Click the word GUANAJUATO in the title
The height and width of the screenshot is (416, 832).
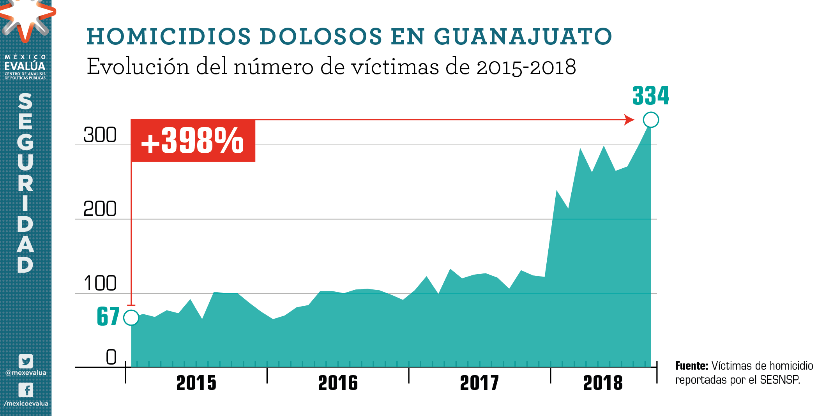(x=523, y=37)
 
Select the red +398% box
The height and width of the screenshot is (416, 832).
(x=193, y=141)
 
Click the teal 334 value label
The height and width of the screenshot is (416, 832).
(x=650, y=96)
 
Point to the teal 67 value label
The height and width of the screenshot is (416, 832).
(x=108, y=316)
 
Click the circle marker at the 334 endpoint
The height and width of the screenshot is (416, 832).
(x=651, y=120)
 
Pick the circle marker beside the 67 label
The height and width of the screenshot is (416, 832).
(x=131, y=317)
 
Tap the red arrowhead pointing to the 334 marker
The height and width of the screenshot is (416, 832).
(x=629, y=120)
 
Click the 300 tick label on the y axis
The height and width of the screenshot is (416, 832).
(x=100, y=135)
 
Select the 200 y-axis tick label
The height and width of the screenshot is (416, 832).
(x=100, y=209)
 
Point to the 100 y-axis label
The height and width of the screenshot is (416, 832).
(x=100, y=283)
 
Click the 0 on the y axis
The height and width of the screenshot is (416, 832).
(x=111, y=357)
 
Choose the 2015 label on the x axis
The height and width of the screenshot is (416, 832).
(x=196, y=383)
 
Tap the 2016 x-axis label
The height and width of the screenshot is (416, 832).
(x=338, y=383)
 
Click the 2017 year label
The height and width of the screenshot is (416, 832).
(x=479, y=383)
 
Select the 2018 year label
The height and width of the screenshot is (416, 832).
(x=603, y=383)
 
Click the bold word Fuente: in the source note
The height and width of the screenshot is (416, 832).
(x=691, y=366)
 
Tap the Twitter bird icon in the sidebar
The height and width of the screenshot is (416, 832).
(x=26, y=361)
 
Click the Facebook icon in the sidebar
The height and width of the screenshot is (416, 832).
(x=26, y=390)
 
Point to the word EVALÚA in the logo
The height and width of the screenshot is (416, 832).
(x=25, y=66)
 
